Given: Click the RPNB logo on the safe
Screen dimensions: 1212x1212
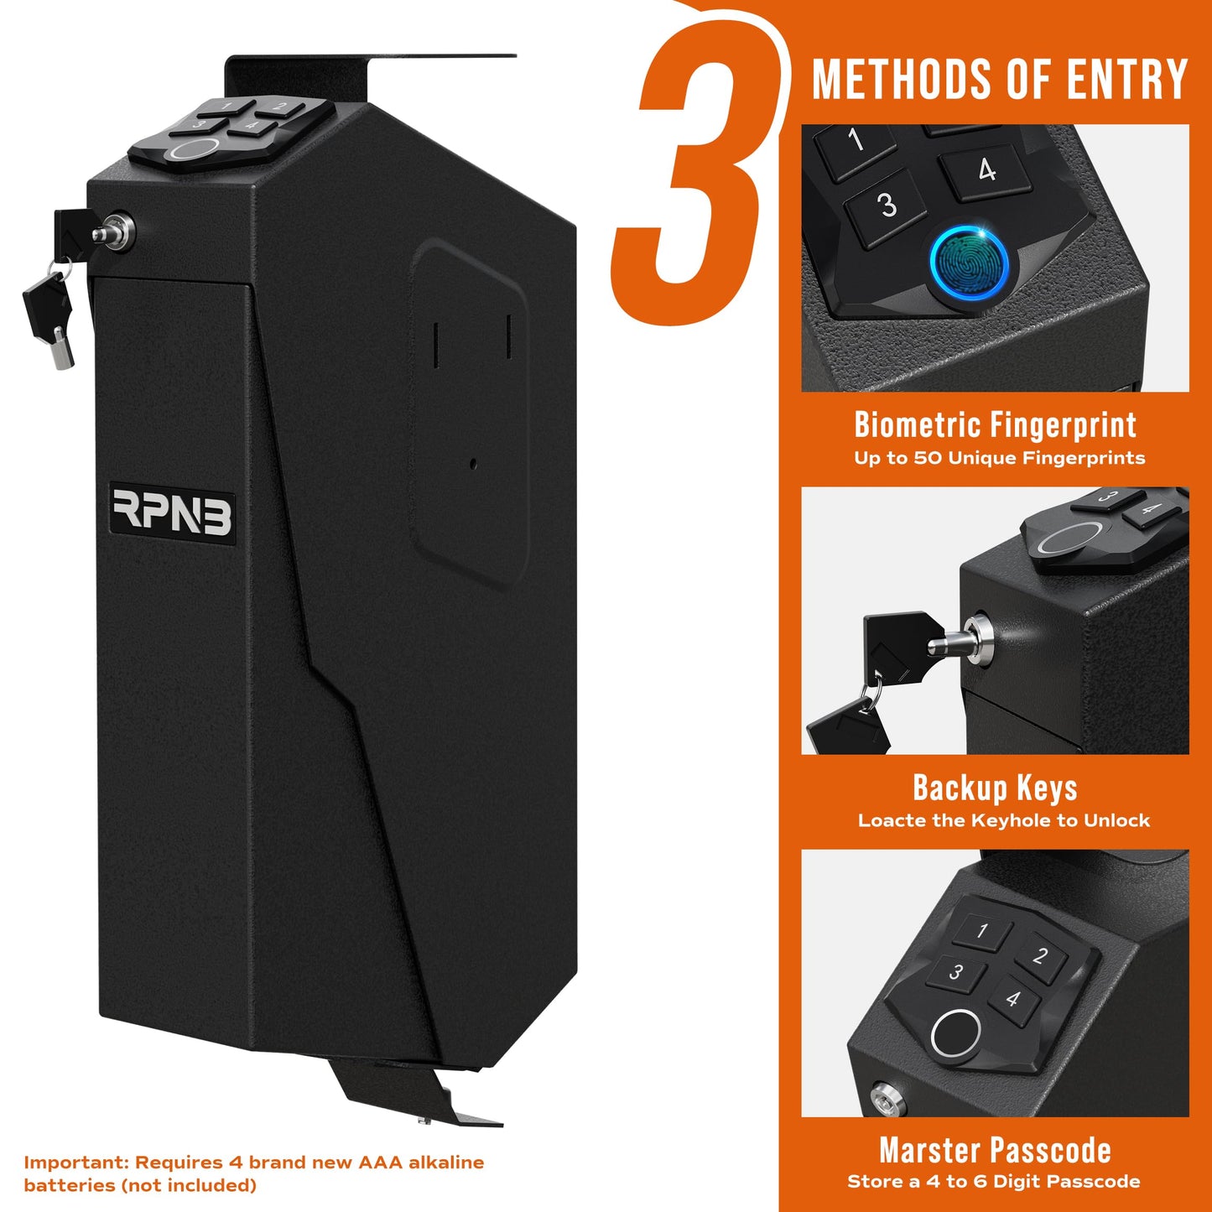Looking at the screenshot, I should coord(173,512).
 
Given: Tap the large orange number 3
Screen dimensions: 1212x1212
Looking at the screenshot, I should coord(695,168).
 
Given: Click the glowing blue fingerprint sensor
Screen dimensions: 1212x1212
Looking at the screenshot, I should coord(971,263).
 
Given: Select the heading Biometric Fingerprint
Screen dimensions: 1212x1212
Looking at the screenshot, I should coord(995,425).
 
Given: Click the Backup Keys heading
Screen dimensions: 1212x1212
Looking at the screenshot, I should coord(995,788).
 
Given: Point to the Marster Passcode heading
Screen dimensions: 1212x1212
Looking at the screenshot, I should coord(995,1151).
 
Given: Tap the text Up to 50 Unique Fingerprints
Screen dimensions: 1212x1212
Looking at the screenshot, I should coord(999,458).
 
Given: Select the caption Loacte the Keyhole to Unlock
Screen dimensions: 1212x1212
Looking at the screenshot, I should coord(1003,820).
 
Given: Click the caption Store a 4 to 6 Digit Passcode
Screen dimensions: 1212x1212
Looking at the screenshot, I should coord(994,1182).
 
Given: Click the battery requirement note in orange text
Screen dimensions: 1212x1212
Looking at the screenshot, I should coord(253,1173).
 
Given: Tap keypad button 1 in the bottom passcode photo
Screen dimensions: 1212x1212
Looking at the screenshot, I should coord(981,930).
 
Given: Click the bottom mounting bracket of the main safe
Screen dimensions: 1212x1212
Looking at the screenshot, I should coord(411,1095).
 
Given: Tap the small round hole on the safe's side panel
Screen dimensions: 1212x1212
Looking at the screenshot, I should coord(473,463).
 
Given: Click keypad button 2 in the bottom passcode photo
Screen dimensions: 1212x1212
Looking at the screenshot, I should coord(1040,956).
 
